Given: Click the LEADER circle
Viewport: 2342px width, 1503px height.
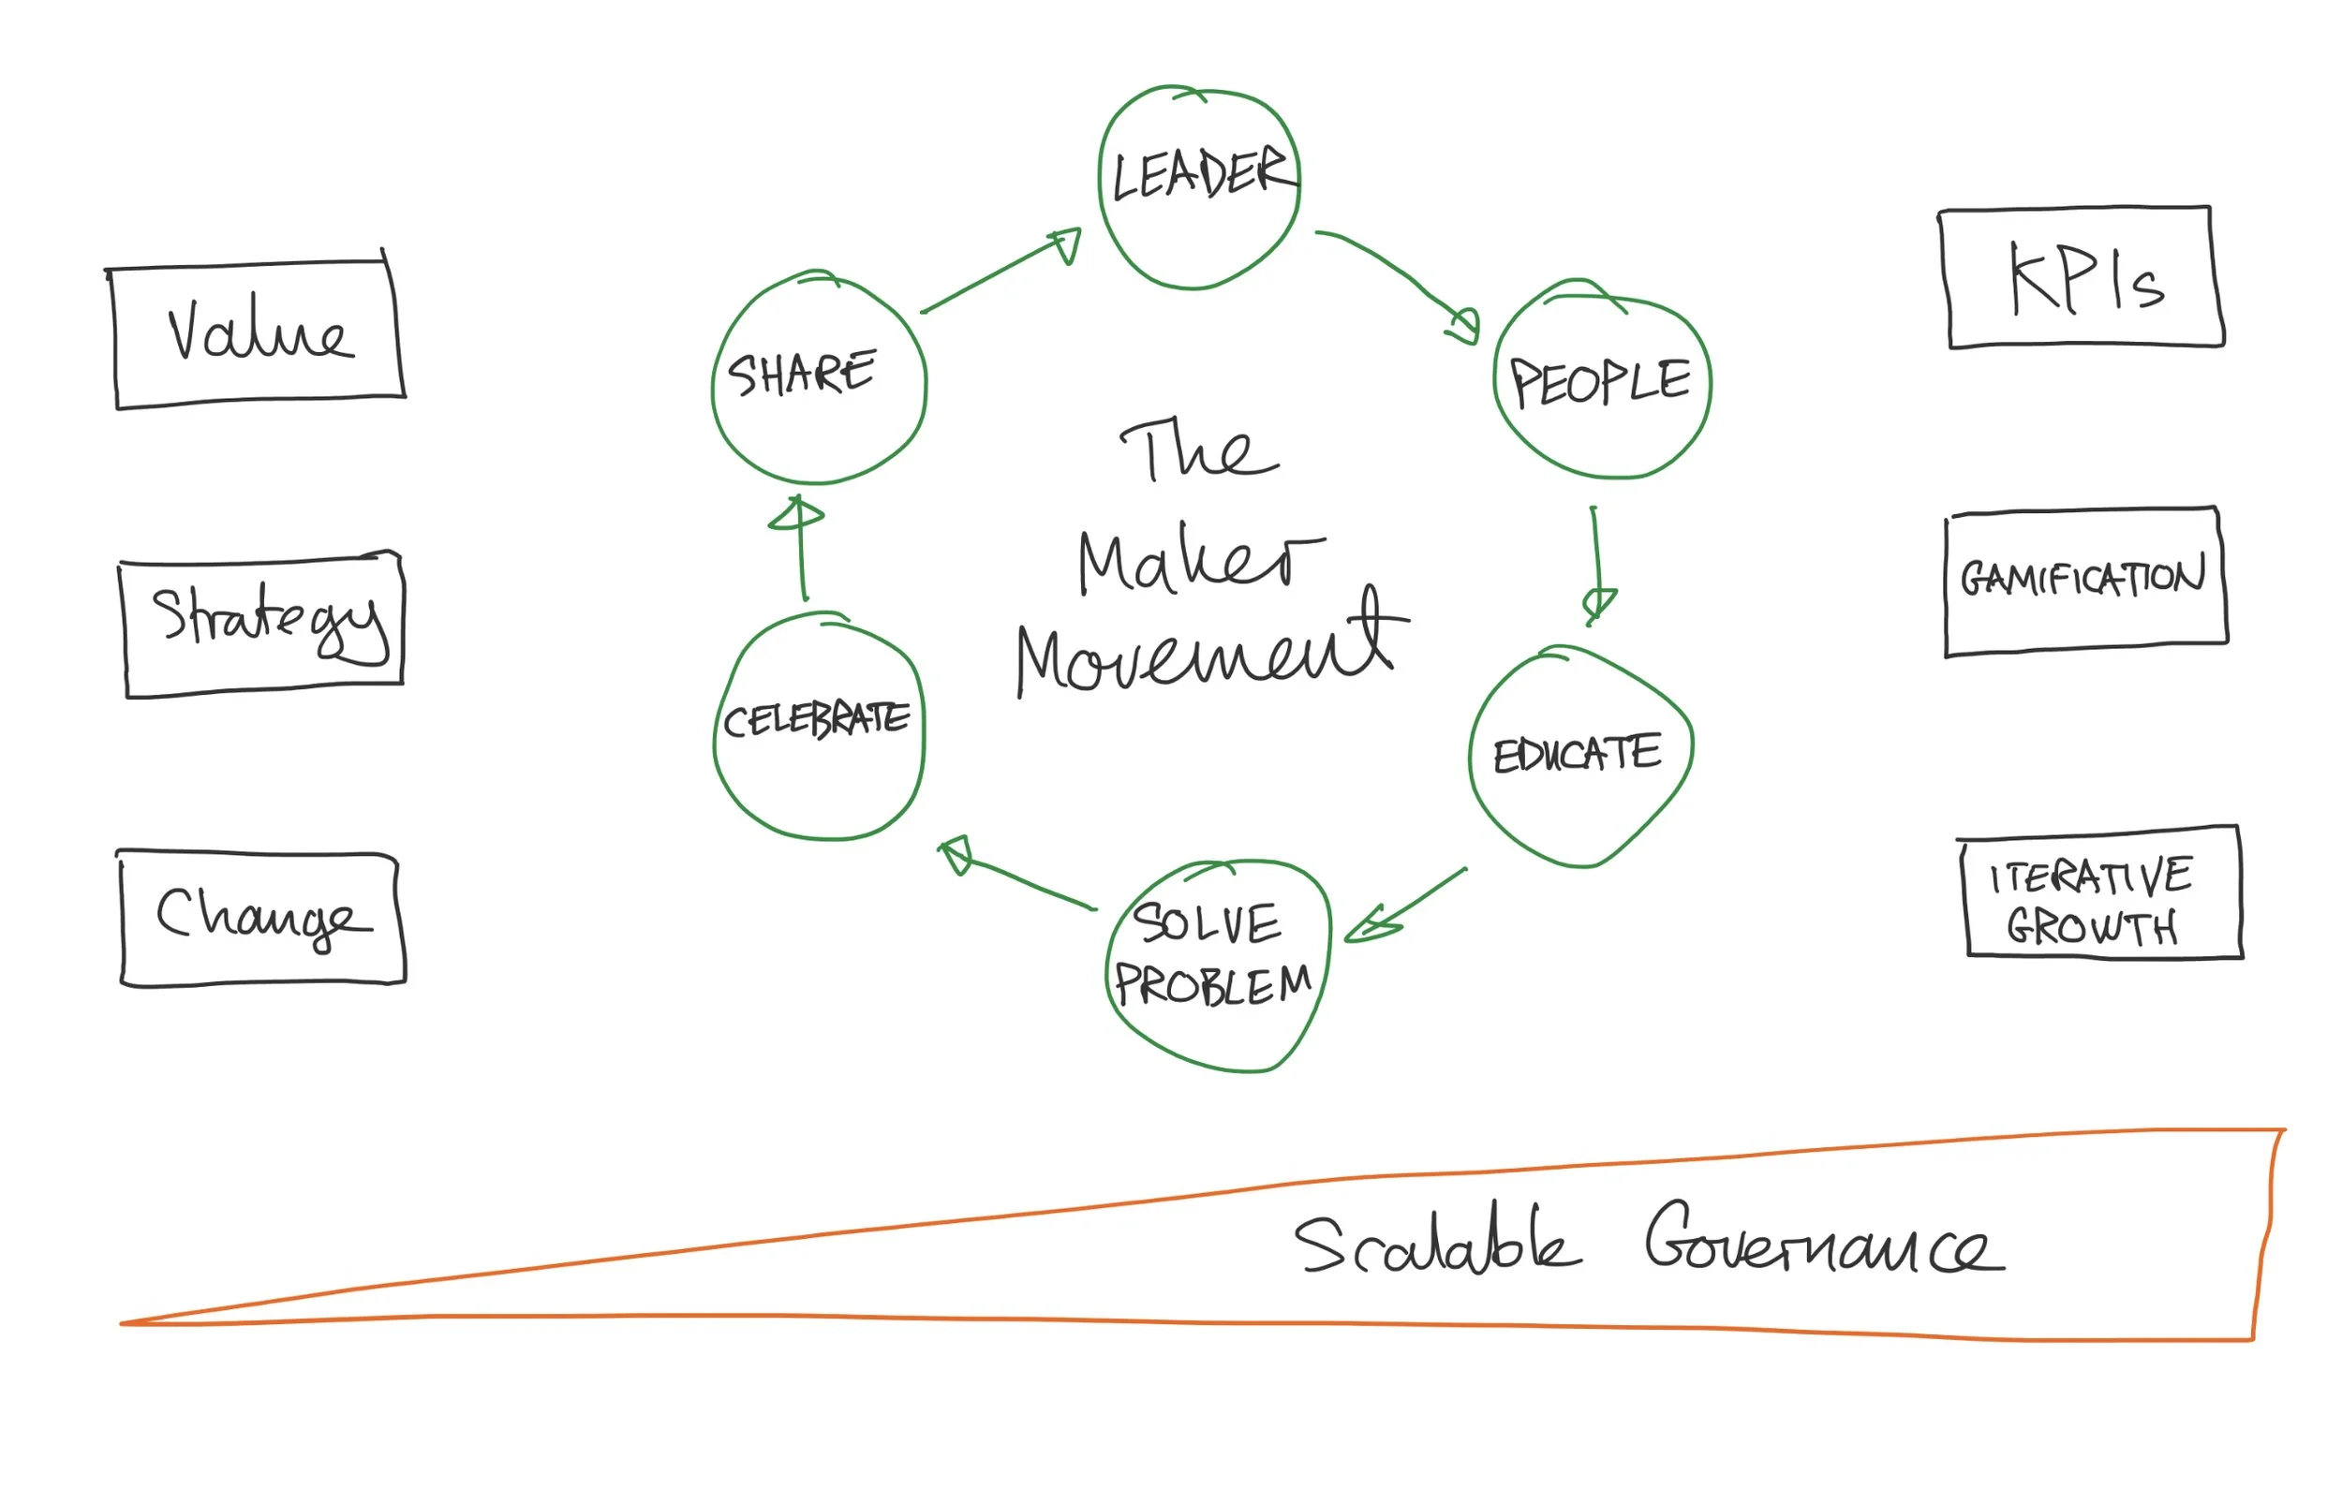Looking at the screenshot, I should point(1199,187).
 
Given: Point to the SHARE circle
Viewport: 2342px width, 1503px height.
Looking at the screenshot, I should point(818,377).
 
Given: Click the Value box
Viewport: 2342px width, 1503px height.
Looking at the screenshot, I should point(259,333).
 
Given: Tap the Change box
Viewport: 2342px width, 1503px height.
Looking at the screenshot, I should point(261,918).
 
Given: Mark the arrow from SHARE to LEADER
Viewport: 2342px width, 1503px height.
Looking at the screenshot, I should point(1001,271).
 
